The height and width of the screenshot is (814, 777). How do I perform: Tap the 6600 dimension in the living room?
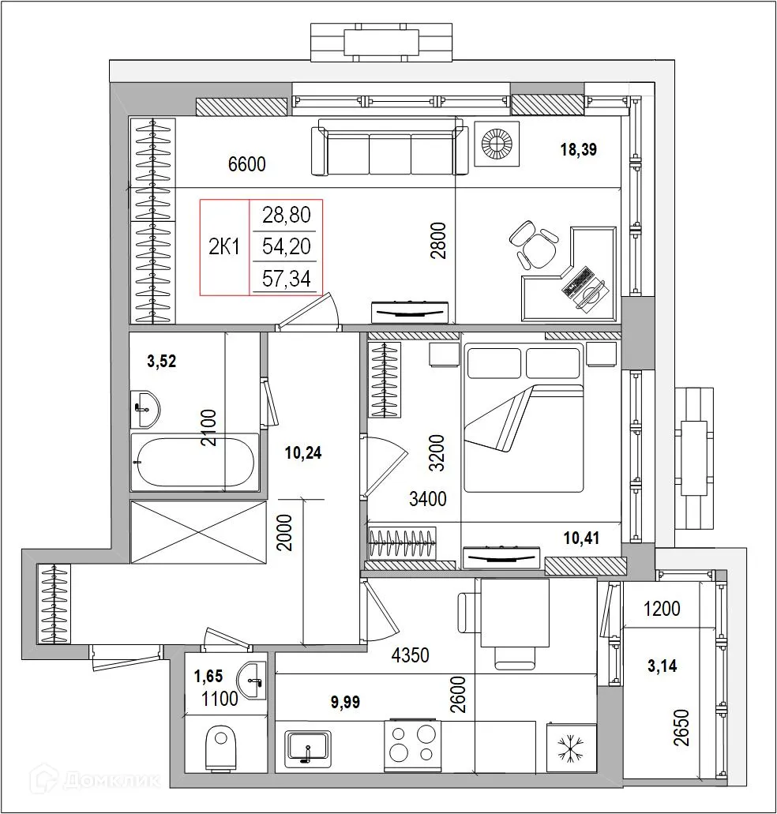(246, 164)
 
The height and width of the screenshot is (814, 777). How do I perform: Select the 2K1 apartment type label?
(224, 247)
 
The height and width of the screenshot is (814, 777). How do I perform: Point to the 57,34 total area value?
(287, 279)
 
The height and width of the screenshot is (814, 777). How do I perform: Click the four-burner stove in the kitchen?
(413, 745)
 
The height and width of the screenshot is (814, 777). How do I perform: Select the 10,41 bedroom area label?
(581, 538)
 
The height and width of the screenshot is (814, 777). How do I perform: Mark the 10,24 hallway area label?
(304, 452)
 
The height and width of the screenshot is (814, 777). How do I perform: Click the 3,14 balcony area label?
(661, 666)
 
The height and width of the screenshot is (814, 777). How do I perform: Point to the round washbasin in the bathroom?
(144, 407)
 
